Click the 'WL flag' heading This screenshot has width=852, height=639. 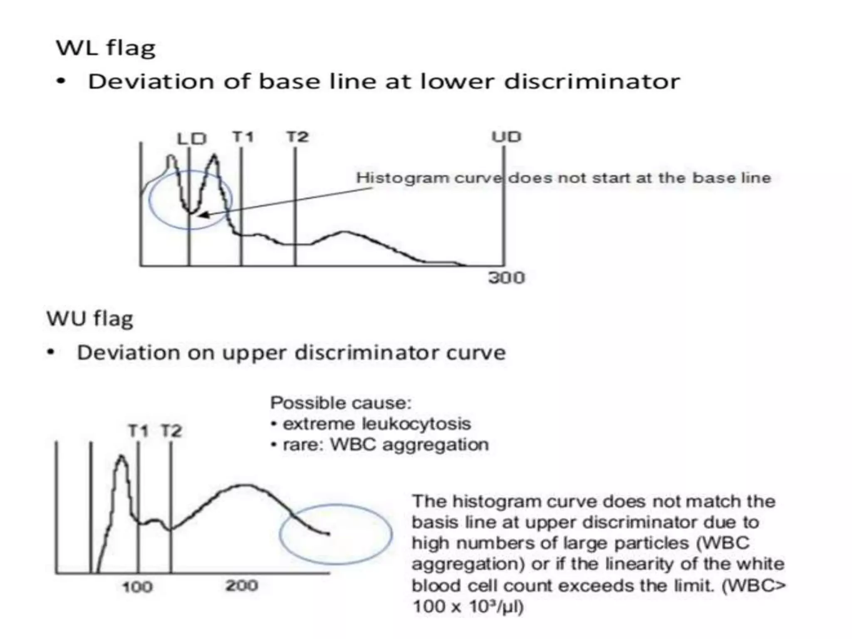coord(106,48)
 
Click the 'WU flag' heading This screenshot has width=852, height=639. coord(90,319)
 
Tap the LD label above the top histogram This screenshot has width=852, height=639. coord(192,139)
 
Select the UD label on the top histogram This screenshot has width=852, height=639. coord(506,137)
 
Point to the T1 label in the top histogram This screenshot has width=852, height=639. coord(243,136)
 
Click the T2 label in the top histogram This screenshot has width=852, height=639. coord(297,136)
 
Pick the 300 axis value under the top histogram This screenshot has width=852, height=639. coord(506,277)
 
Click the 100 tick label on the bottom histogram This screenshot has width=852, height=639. coord(137,587)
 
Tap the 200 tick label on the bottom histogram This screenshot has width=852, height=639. coord(242,586)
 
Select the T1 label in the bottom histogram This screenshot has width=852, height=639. coord(138,431)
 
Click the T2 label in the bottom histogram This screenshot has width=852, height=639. coord(171,431)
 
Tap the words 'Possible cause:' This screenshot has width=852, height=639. coord(341,403)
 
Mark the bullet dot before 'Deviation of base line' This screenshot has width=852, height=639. coord(62,82)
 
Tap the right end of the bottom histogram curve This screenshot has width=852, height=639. coord(329,534)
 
